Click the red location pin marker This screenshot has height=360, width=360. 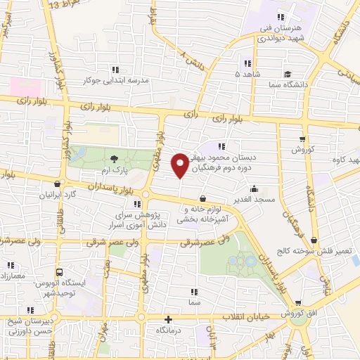tap(180, 165)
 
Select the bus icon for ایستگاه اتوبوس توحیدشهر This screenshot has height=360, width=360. tap(58, 274)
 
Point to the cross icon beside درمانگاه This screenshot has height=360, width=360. tap(167, 319)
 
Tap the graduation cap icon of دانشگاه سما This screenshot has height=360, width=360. tap(288, 74)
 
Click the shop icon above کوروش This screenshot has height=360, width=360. tap(302, 139)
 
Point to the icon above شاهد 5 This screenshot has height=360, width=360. tap(246, 62)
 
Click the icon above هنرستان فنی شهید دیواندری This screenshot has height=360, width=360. tap(281, 17)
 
